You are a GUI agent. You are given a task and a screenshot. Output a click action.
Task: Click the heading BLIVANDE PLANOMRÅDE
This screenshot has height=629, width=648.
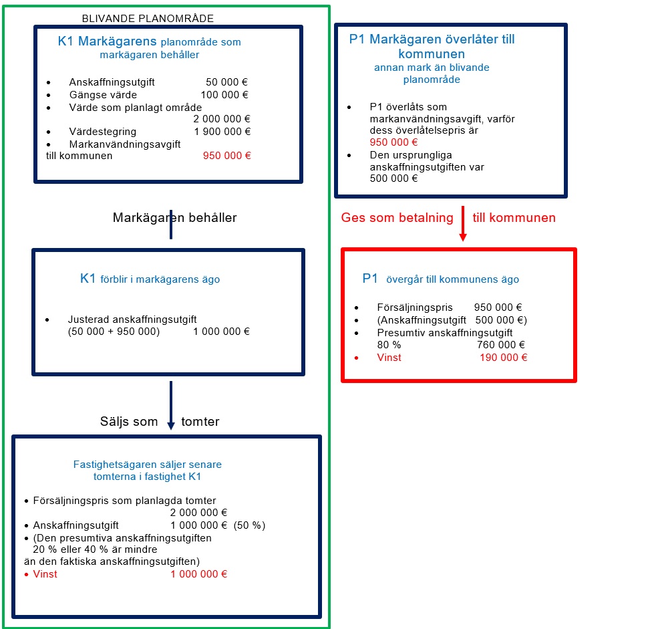tap(148, 19)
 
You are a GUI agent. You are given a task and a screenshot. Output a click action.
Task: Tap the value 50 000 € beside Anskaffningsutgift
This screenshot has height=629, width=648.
tap(227, 82)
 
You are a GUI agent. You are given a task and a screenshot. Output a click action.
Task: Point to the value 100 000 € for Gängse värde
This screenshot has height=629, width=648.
tap(224, 95)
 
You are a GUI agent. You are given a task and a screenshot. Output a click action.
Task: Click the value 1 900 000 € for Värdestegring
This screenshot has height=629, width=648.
tap(222, 132)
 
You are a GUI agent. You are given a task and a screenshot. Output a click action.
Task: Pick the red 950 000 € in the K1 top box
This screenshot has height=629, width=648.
tap(227, 156)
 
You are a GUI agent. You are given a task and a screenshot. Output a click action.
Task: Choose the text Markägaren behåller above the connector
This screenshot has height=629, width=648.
tap(174, 218)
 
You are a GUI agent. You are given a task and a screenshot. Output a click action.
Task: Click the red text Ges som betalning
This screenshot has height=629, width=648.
tap(397, 218)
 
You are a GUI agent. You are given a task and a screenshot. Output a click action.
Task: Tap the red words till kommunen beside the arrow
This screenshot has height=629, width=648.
tap(514, 218)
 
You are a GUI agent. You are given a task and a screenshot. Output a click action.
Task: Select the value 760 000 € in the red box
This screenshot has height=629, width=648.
tap(501, 345)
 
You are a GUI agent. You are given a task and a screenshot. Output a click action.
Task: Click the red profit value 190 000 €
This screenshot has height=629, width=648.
tap(504, 358)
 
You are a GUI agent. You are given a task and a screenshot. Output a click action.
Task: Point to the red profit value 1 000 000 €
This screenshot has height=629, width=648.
tap(199, 574)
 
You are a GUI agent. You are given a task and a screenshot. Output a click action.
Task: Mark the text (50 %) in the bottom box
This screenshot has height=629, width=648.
tap(249, 525)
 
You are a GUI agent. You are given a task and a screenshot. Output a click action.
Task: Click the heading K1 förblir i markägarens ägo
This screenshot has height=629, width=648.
tap(150, 279)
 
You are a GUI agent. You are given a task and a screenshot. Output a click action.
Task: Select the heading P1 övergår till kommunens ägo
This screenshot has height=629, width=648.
tap(440, 279)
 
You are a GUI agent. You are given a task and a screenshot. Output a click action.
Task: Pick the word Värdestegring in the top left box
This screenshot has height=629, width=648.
tap(102, 132)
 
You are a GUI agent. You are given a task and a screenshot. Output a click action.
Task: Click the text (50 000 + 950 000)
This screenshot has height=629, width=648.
tap(114, 332)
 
